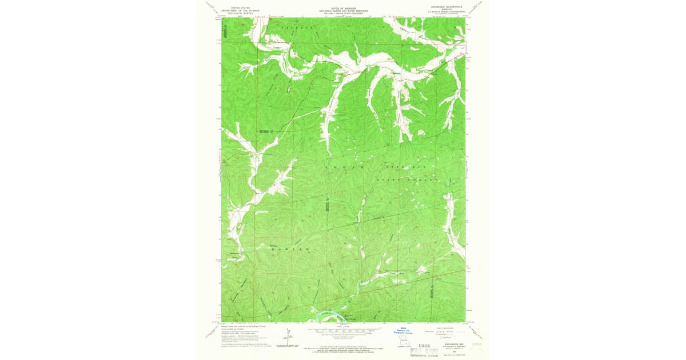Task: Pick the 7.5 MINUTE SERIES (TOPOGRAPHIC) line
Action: click(445, 11)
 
